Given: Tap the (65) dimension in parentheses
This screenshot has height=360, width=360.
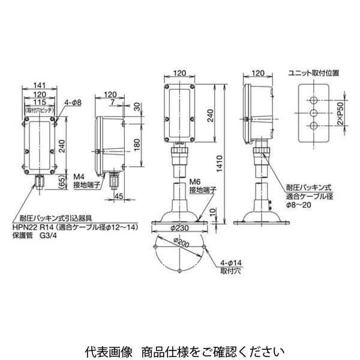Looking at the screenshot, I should [62, 181].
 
